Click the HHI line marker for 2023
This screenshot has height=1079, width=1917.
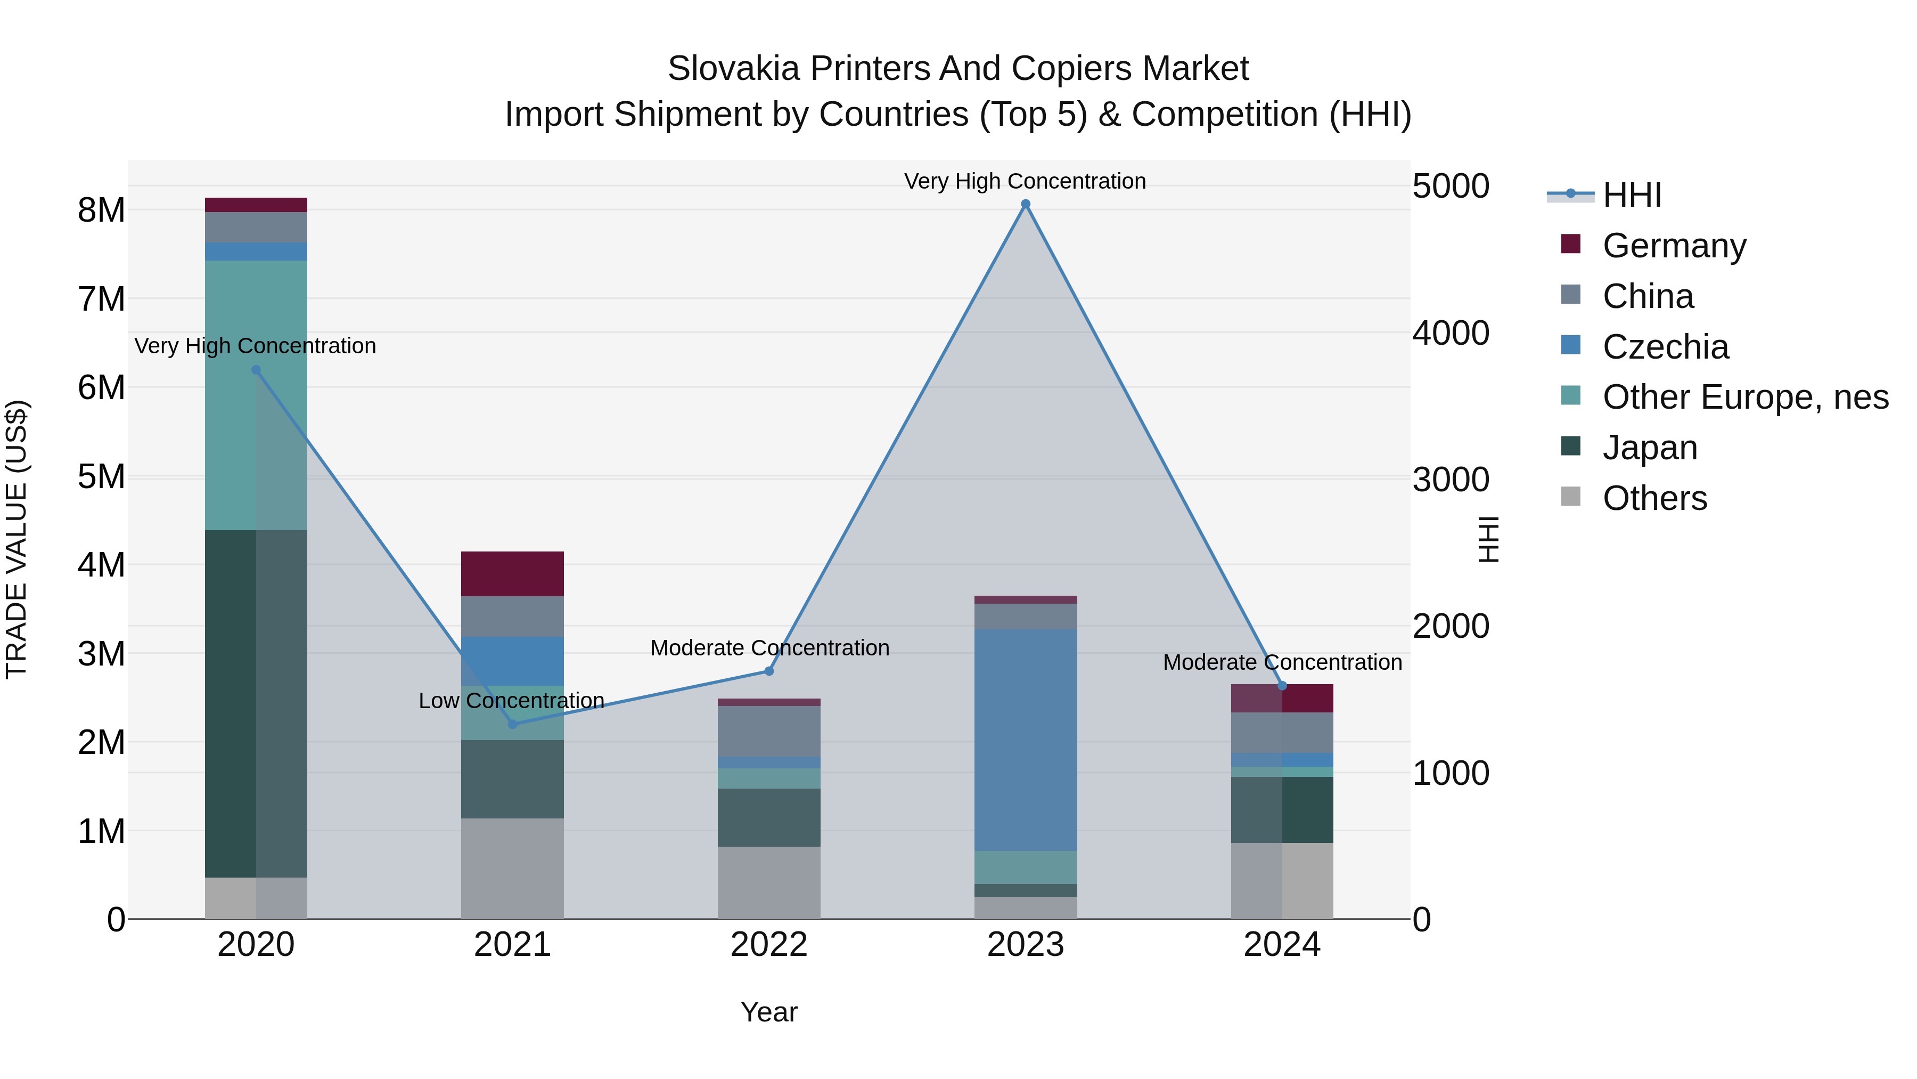click(1026, 204)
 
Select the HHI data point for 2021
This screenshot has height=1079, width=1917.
click(512, 724)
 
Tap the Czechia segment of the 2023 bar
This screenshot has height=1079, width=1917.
click(1026, 740)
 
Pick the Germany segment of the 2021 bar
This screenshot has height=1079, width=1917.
click(512, 573)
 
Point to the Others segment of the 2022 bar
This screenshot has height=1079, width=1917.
click(769, 882)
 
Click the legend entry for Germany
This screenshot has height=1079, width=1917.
click(1674, 246)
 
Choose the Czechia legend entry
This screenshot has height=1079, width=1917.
click(1665, 347)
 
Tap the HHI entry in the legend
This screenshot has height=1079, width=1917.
click(1631, 195)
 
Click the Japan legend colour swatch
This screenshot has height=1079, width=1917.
click(1570, 446)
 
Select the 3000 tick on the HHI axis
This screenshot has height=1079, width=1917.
click(1451, 480)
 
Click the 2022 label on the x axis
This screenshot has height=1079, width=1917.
click(769, 945)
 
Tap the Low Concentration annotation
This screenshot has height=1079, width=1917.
click(511, 701)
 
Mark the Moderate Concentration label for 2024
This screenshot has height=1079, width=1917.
click(1282, 662)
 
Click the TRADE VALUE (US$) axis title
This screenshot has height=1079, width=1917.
click(17, 539)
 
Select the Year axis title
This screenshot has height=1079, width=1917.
click(769, 1012)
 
